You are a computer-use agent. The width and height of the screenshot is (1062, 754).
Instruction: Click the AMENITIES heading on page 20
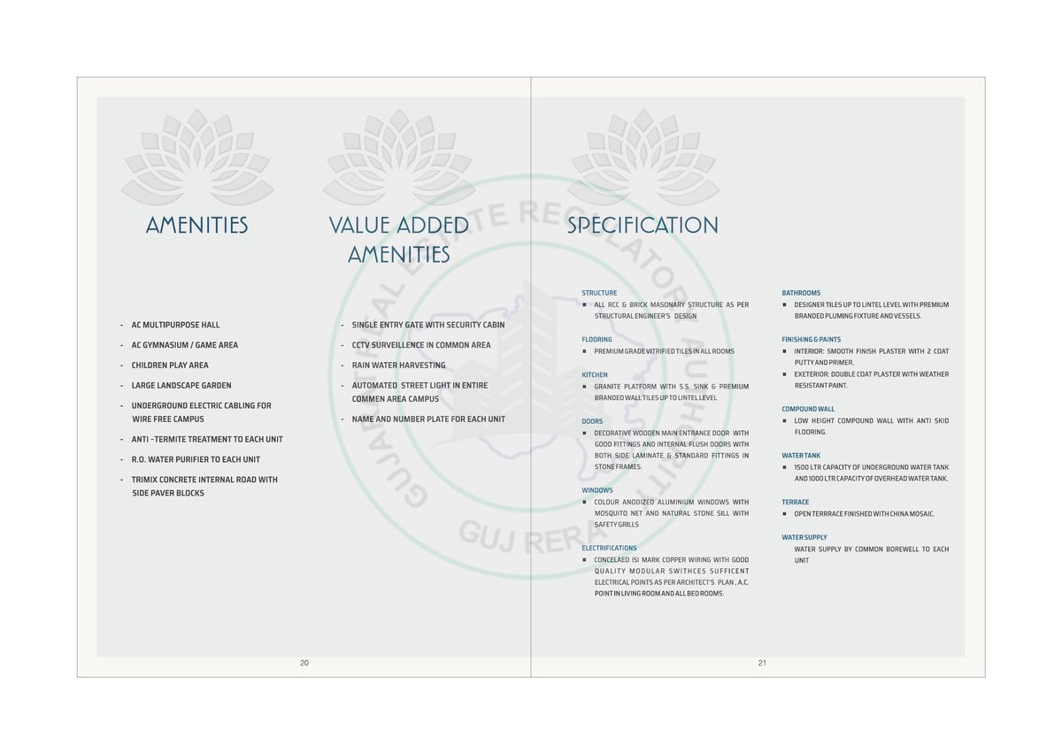point(196,226)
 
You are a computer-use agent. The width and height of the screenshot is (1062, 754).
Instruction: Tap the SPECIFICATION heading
point(643,226)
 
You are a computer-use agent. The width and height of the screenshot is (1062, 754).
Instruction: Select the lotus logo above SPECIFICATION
point(643,157)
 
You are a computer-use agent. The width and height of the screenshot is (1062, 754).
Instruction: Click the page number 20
point(304,663)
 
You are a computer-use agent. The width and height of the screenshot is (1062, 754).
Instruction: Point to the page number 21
point(762,663)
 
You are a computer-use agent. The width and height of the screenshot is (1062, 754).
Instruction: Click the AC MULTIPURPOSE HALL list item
point(175,325)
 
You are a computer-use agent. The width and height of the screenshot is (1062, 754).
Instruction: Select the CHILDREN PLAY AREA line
point(170,365)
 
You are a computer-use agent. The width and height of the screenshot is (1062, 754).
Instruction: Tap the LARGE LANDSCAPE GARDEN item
point(181,386)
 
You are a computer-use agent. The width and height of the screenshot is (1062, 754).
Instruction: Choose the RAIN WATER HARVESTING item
point(398,365)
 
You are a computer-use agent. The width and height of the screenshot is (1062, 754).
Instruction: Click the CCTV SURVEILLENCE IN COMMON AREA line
point(420,345)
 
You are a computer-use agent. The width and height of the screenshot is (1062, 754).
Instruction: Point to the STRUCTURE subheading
point(599,293)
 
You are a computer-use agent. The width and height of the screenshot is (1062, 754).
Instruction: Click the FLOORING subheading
point(596,340)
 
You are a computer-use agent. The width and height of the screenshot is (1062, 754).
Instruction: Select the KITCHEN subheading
point(595,375)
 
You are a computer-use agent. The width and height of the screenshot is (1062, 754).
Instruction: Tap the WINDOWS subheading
point(597,490)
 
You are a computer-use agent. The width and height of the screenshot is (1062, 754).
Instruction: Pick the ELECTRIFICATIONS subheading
point(609,549)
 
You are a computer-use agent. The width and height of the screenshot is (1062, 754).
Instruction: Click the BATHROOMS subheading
point(801,293)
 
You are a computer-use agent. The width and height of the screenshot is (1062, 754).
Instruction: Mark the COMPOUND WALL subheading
point(808,410)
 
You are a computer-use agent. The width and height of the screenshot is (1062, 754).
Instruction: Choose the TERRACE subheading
point(796,503)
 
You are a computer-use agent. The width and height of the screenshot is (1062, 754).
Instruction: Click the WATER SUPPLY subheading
point(804,538)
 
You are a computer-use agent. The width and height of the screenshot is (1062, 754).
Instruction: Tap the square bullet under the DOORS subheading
point(585,433)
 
